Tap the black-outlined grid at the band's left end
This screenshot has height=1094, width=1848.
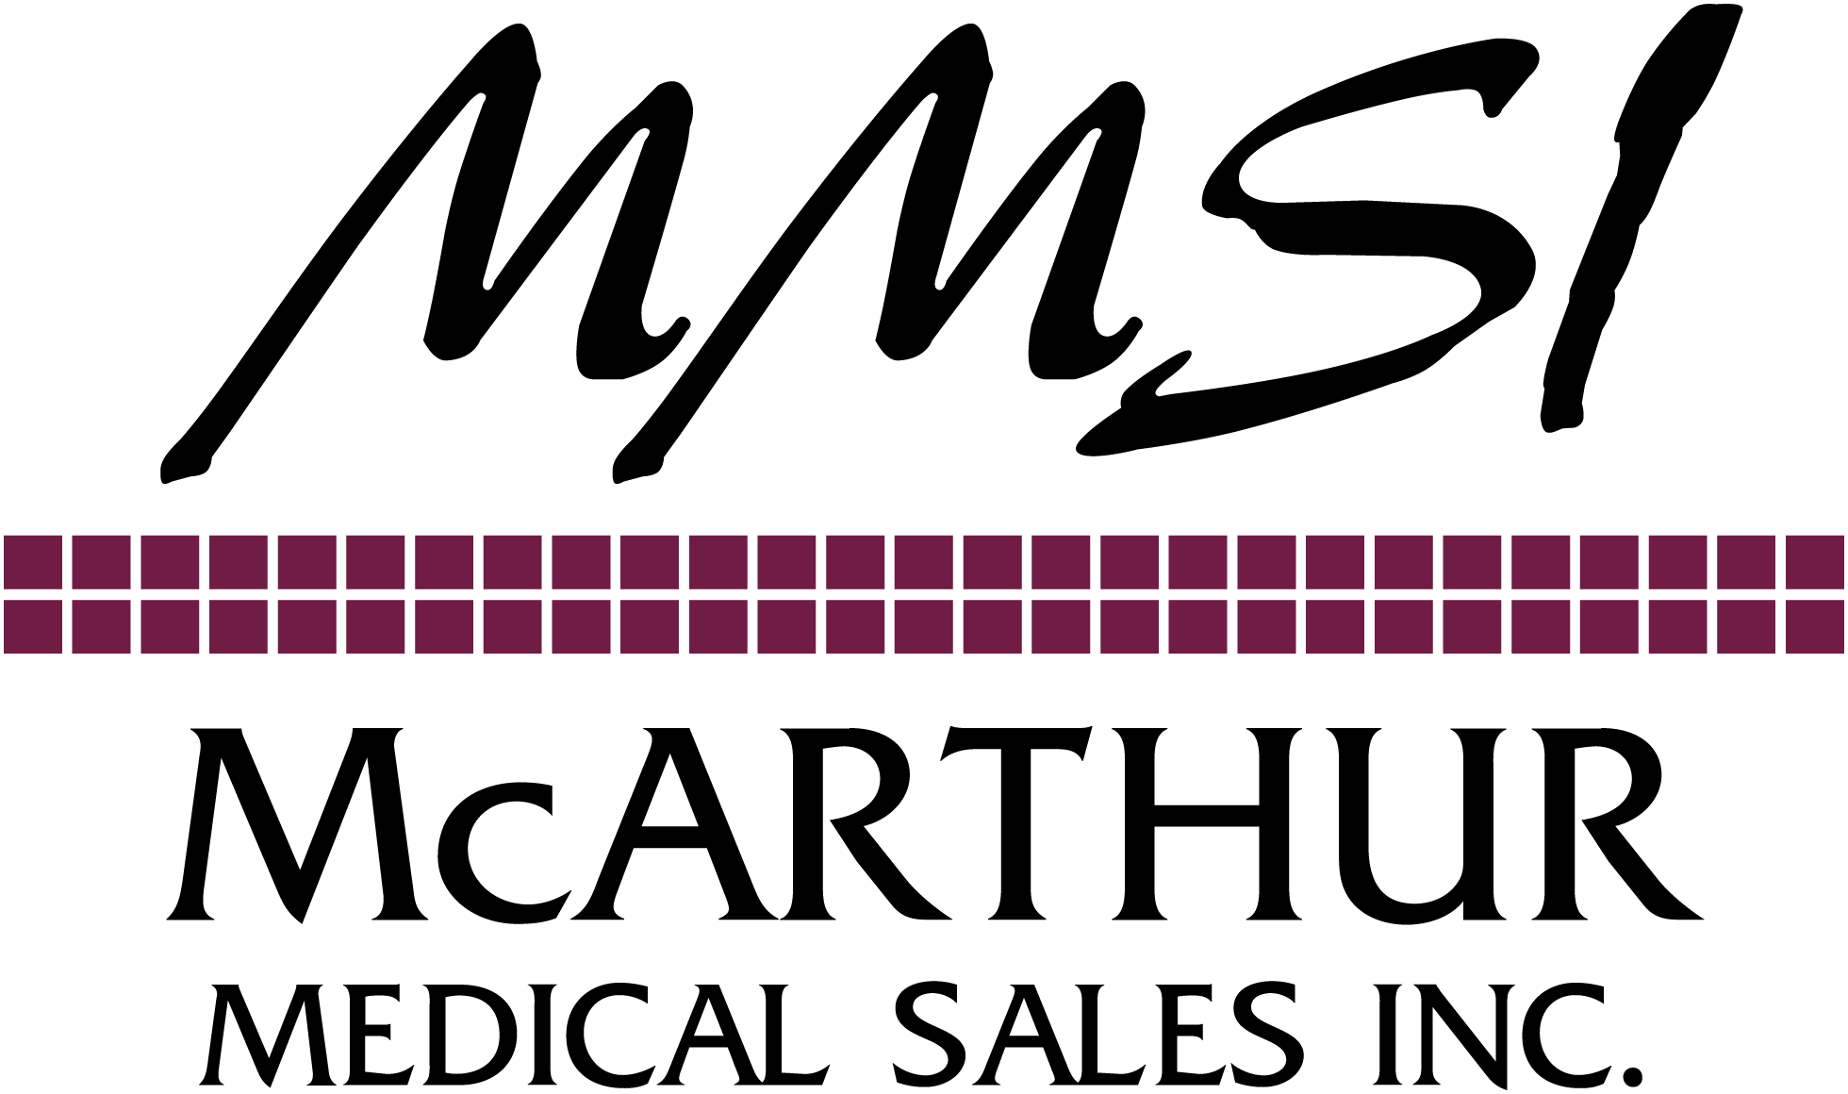pos(80,593)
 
